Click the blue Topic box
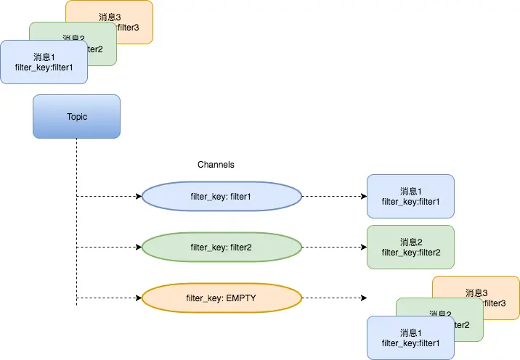(x=76, y=116)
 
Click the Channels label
(x=216, y=165)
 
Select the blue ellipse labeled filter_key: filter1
(x=221, y=196)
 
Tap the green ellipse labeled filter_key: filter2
(x=221, y=247)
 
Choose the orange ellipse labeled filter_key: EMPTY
(x=221, y=298)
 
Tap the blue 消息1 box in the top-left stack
(x=44, y=62)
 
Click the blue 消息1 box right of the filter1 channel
(x=410, y=196)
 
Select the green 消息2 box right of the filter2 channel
(x=410, y=247)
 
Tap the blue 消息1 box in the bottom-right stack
(x=410, y=337)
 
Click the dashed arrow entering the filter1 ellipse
(x=109, y=196)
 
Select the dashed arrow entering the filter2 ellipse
(x=109, y=247)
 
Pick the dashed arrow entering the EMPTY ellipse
(x=109, y=298)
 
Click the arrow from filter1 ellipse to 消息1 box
(x=334, y=196)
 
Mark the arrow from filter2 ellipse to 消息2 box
(x=334, y=247)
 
